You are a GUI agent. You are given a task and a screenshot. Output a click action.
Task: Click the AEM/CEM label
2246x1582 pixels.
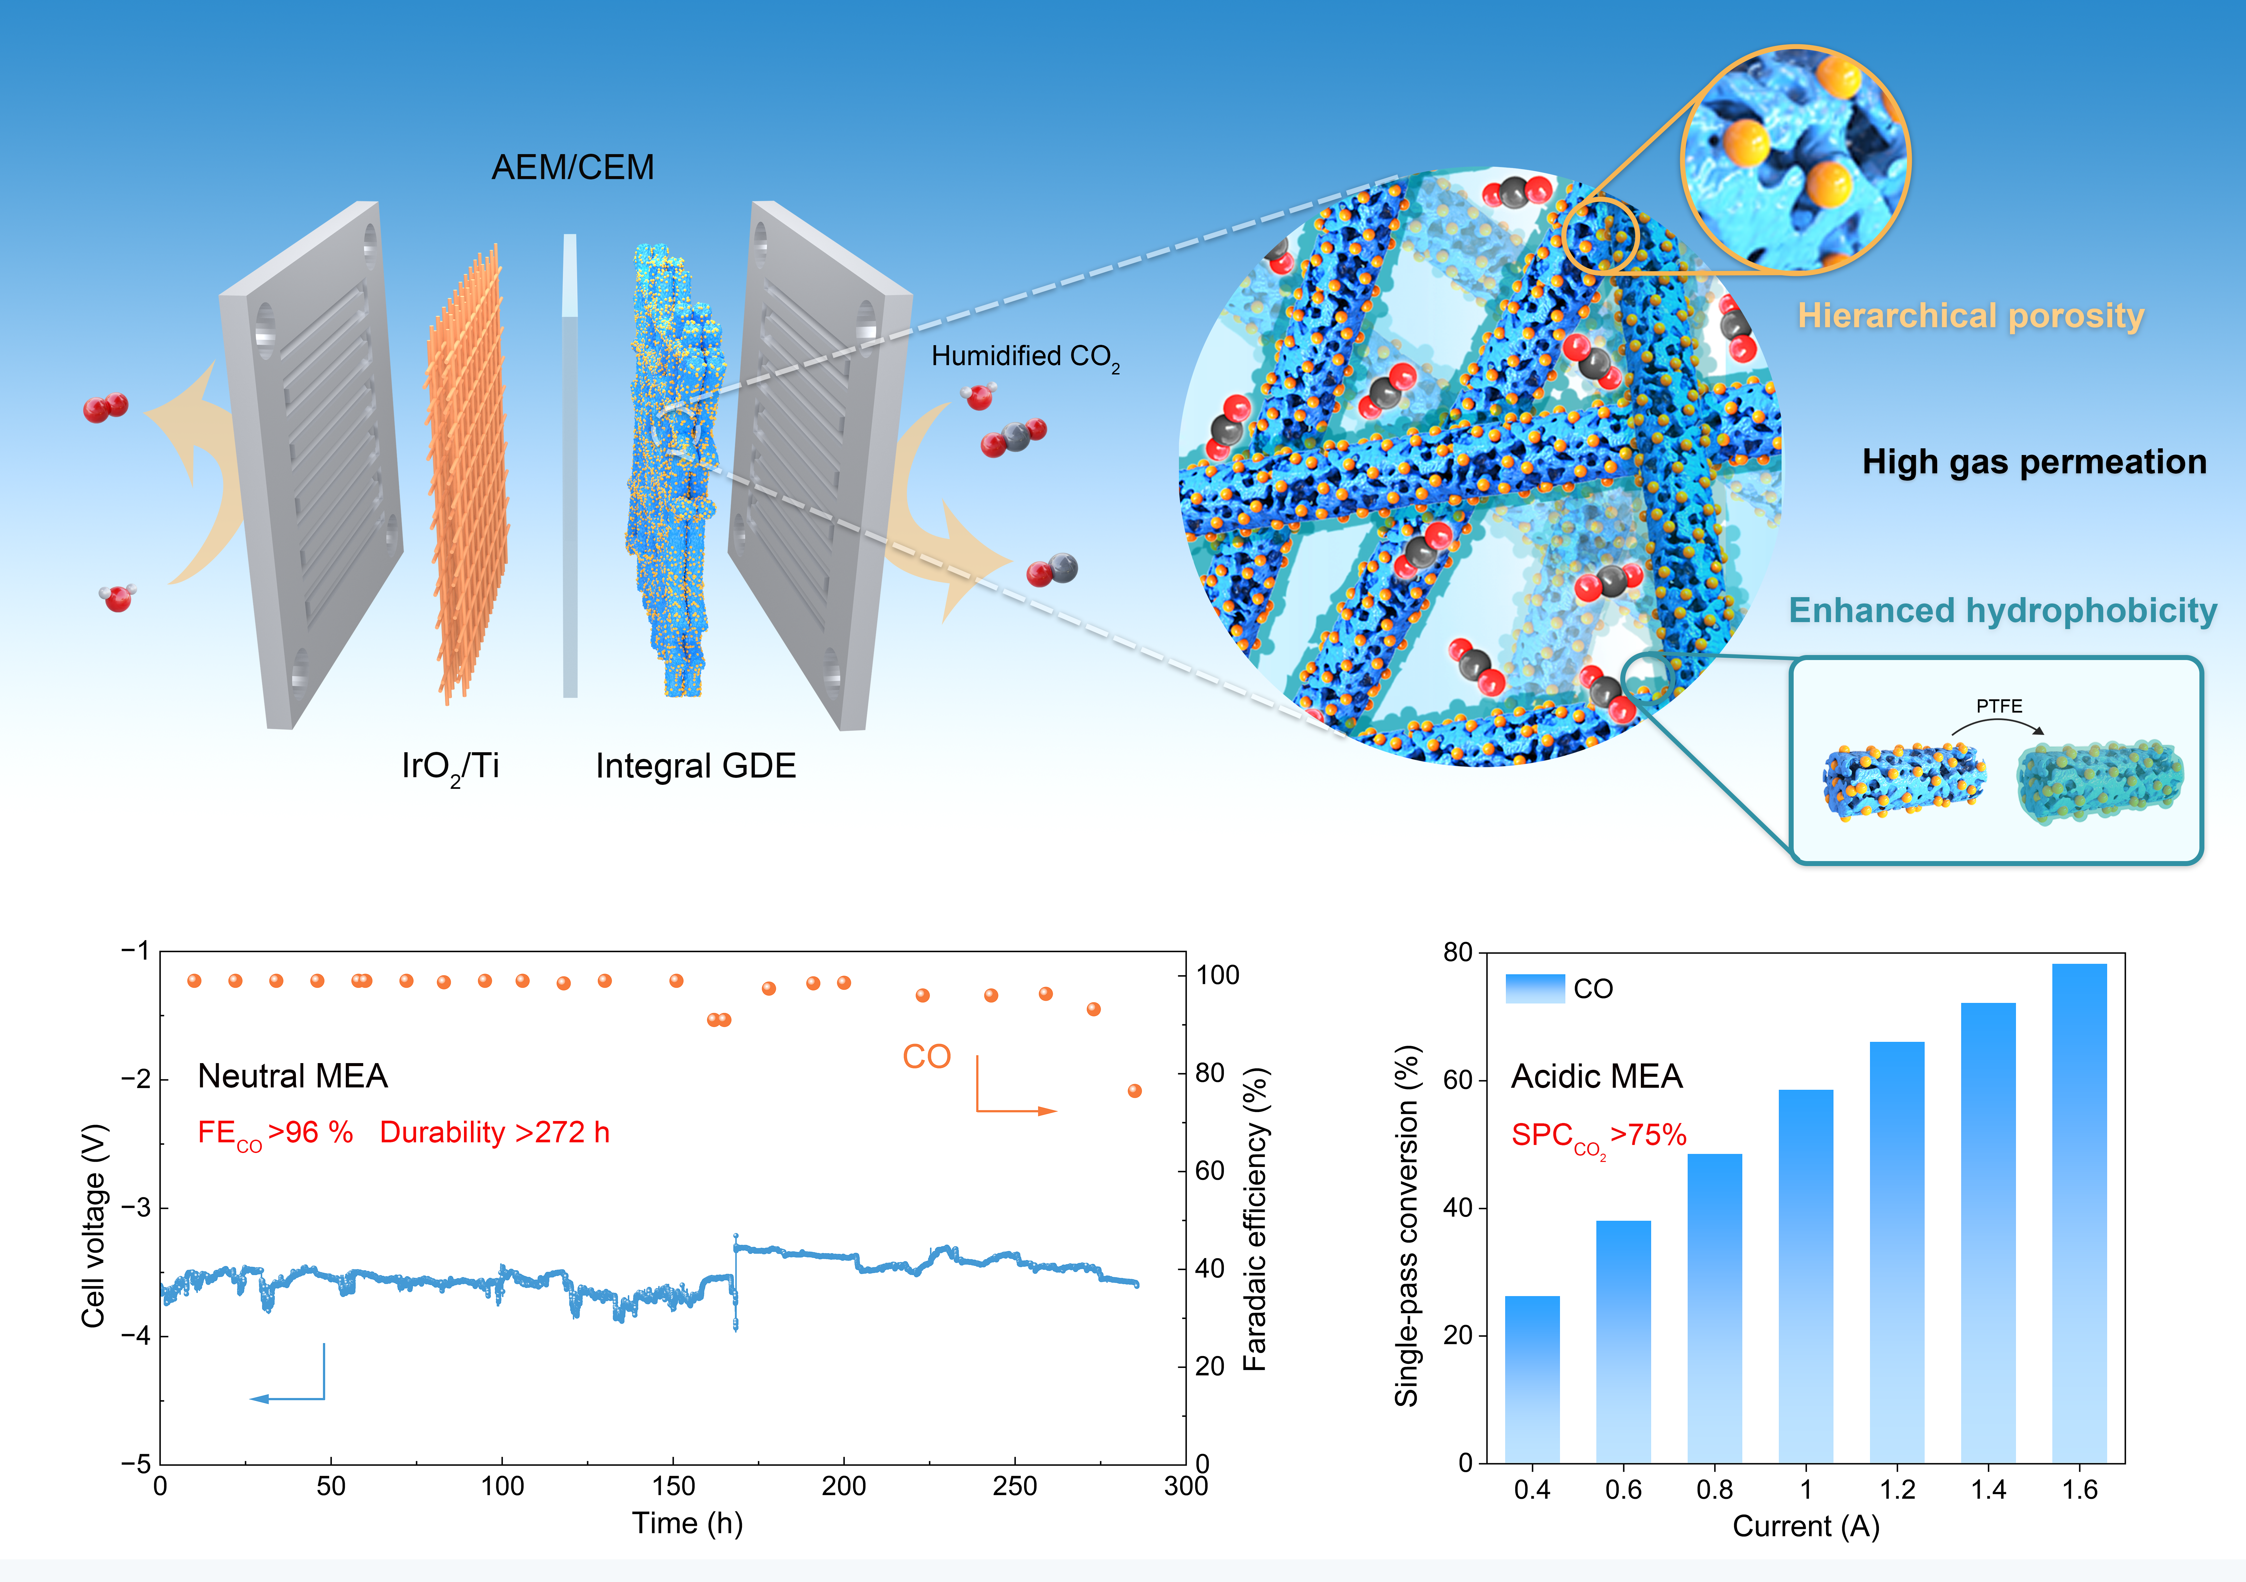tap(572, 167)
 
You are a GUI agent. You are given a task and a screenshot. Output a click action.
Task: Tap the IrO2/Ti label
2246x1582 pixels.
tap(450, 766)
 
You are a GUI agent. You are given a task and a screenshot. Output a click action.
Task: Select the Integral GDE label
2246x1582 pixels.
tap(696, 766)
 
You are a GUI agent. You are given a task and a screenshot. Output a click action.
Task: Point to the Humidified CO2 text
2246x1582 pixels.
tap(1024, 357)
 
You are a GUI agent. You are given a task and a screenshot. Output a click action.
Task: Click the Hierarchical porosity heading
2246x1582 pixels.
tap(1970, 316)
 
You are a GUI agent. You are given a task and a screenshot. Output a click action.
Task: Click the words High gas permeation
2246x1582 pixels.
tap(2034, 462)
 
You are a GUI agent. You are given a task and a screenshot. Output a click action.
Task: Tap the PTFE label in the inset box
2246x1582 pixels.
tap(1998, 705)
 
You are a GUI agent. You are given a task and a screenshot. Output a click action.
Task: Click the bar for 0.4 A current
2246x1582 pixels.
tap(1532, 1380)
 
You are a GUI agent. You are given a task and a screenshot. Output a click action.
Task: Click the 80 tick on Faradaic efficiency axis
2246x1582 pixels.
tap(1210, 1073)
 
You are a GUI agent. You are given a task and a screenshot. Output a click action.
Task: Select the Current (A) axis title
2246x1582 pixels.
tap(1806, 1526)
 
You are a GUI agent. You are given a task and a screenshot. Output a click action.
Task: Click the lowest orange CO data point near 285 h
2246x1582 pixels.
tap(1135, 1091)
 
